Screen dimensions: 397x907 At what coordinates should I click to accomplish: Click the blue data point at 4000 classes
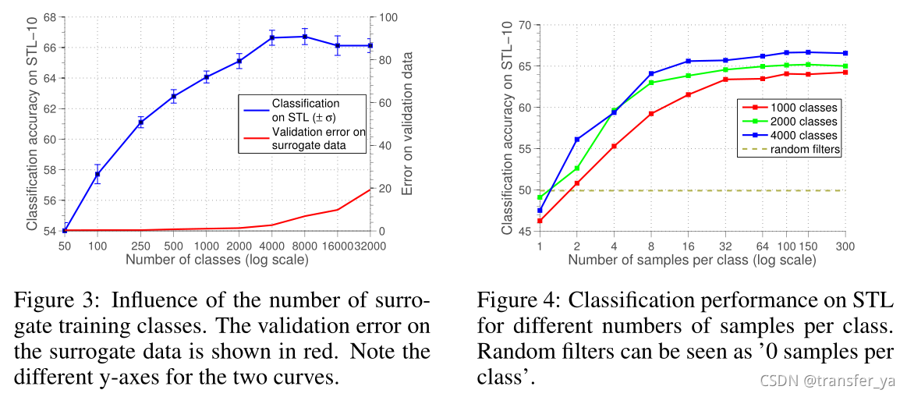pyautogui.click(x=272, y=37)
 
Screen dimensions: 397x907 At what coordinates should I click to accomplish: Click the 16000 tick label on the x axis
pyautogui.click(x=337, y=246)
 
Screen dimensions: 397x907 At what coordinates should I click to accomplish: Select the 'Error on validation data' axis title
pyautogui.click(x=407, y=124)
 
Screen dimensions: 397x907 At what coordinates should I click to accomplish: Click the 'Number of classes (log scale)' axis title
pyautogui.click(x=217, y=259)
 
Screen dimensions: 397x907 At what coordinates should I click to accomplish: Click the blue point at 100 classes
pyautogui.click(x=97, y=175)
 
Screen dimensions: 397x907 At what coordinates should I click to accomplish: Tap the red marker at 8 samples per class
pyautogui.click(x=651, y=114)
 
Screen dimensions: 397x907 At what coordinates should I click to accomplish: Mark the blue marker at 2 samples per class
pyautogui.click(x=577, y=140)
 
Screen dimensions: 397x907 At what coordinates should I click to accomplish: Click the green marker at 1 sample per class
pyautogui.click(x=540, y=197)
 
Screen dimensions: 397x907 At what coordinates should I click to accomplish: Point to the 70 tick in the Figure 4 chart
pyautogui.click(x=524, y=25)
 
